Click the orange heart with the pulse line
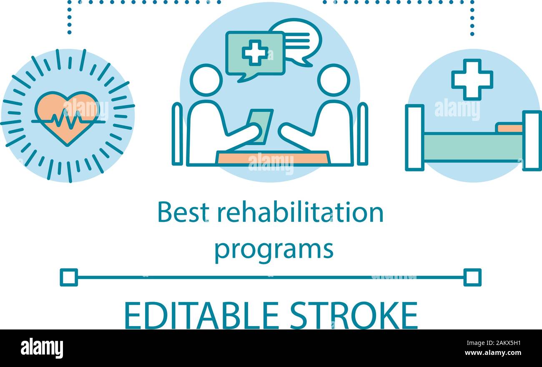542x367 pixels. (x=67, y=117)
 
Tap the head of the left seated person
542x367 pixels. (x=206, y=80)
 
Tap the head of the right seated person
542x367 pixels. (x=334, y=80)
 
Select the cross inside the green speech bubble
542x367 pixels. (x=255, y=52)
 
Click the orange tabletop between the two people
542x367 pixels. (x=273, y=158)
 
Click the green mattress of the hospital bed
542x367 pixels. (x=473, y=146)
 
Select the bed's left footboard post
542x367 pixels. (x=414, y=138)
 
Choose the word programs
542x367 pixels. (x=274, y=249)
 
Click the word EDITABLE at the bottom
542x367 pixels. (x=201, y=315)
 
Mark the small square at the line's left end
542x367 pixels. (x=69, y=277)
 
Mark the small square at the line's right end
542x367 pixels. (x=472, y=277)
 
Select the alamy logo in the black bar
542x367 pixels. (x=42, y=348)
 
